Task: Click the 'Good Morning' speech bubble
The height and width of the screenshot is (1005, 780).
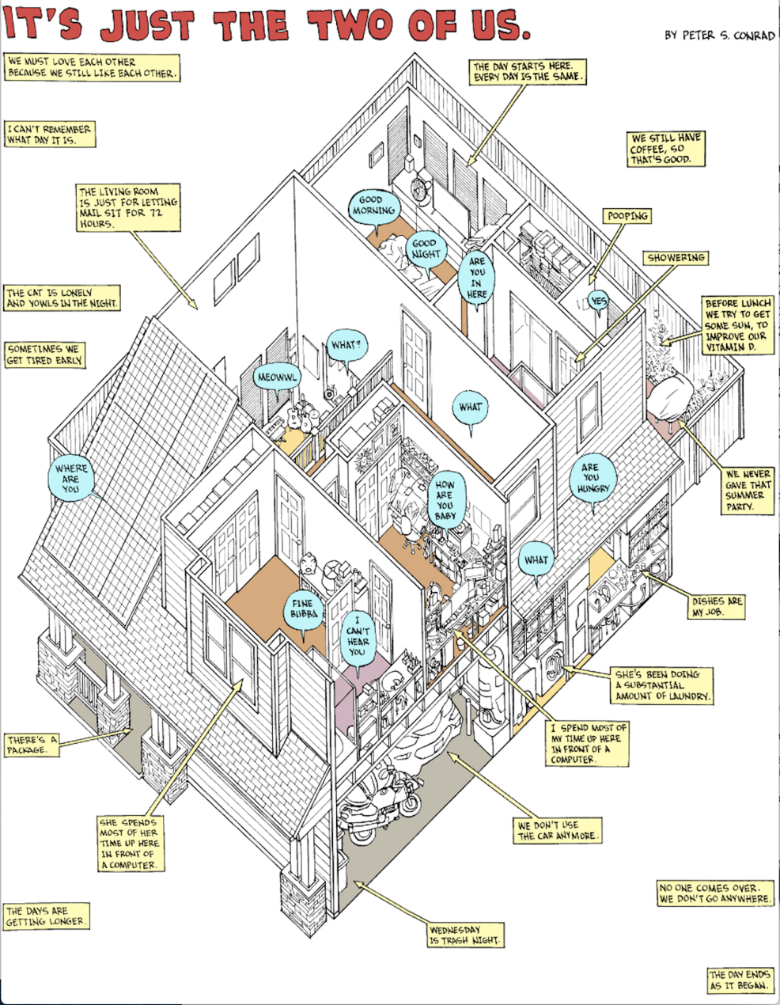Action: pyautogui.click(x=371, y=207)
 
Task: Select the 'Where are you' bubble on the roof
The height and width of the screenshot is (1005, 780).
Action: pyautogui.click(x=71, y=478)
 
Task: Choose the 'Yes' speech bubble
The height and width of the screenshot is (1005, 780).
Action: pyautogui.click(x=599, y=301)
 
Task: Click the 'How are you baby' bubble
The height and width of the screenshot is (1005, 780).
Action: pyautogui.click(x=445, y=500)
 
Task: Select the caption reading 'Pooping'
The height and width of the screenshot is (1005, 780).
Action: pyautogui.click(x=627, y=216)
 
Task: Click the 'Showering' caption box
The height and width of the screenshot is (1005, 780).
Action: pyautogui.click(x=676, y=258)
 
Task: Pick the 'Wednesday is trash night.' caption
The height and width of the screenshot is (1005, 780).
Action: pyautogui.click(x=466, y=935)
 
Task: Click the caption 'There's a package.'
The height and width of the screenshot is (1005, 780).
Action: pyautogui.click(x=32, y=745)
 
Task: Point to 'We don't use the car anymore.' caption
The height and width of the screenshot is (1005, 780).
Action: pyautogui.click(x=558, y=830)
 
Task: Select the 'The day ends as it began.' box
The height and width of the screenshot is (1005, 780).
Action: pyautogui.click(x=740, y=980)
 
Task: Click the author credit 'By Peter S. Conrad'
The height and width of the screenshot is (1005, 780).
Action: pyautogui.click(x=719, y=36)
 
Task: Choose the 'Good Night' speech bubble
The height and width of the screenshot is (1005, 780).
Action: pyautogui.click(x=425, y=249)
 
